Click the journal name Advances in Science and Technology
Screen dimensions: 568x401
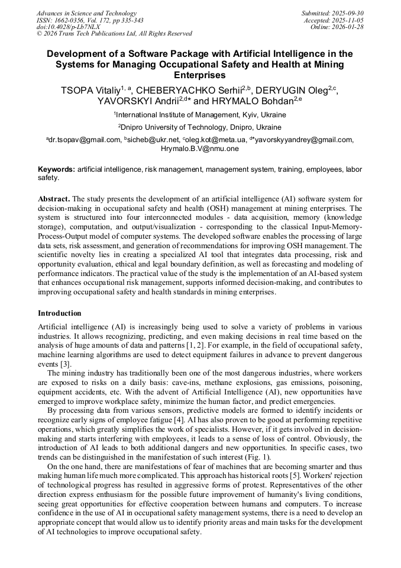click(86, 13)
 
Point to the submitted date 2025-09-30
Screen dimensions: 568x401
click(349, 13)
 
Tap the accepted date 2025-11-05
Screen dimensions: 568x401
click(349, 20)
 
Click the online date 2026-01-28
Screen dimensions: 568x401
click(349, 27)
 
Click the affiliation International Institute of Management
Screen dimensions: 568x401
click(201, 115)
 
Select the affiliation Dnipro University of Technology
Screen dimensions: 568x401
click(201, 127)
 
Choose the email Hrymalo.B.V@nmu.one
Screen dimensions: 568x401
click(200, 149)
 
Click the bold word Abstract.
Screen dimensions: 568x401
click(54, 198)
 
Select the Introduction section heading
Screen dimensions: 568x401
click(60, 313)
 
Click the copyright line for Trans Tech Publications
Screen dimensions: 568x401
click(114, 34)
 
